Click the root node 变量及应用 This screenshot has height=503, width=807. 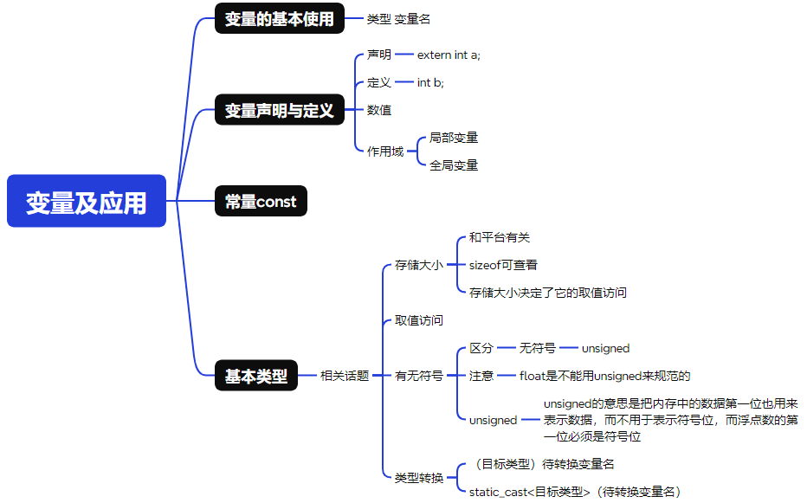[86, 201]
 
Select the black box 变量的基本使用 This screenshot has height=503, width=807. [279, 19]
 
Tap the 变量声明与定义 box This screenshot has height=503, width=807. [279, 110]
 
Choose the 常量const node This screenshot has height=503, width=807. [261, 202]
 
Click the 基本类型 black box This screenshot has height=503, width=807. [256, 376]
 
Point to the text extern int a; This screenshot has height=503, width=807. [449, 55]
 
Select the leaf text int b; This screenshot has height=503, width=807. [430, 82]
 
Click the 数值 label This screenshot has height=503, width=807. [379, 110]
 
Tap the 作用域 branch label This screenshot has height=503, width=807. [385, 152]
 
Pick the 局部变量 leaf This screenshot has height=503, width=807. [454, 138]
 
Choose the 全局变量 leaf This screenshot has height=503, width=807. [454, 165]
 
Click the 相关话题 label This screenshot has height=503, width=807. [345, 376]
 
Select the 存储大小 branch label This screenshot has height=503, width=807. [419, 265]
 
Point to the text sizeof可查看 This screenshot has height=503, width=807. [503, 265]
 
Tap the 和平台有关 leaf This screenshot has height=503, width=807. [499, 237]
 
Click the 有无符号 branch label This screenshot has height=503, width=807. [419, 376]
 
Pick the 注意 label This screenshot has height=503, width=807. [481, 376]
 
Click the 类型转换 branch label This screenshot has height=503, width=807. [419, 478]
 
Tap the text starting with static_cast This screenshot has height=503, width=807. [574, 492]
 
